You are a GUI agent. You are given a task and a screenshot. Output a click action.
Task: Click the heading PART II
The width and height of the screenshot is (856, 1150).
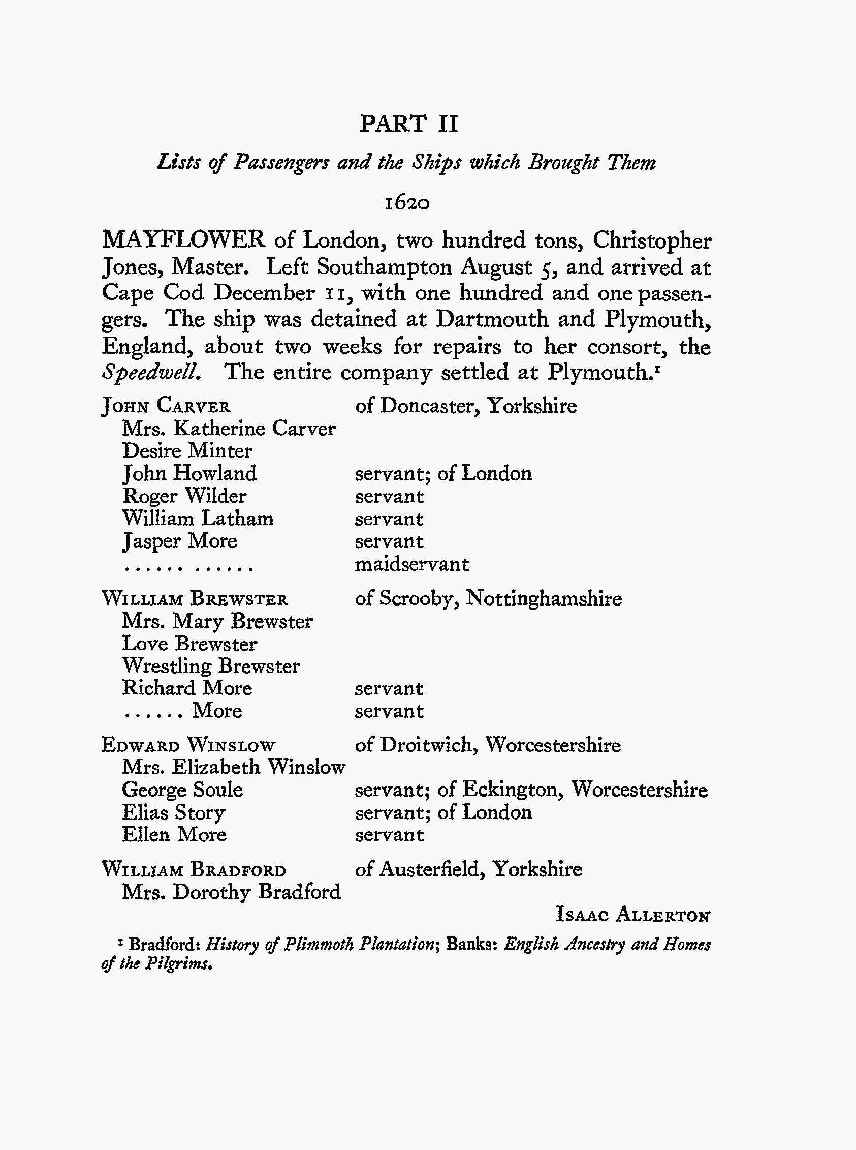click(408, 124)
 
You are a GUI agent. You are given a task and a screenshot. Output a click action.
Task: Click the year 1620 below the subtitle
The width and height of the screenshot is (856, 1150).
click(407, 203)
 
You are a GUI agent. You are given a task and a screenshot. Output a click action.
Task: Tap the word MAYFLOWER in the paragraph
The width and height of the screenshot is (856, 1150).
click(183, 240)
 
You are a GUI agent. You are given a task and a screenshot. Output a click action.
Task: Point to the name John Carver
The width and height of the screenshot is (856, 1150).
click(166, 406)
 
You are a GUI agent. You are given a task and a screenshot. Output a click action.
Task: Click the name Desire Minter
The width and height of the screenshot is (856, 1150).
click(187, 450)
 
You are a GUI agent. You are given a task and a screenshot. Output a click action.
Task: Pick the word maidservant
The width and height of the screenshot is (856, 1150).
click(412, 564)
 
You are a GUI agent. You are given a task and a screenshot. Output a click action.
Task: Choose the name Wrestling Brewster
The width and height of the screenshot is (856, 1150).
click(211, 665)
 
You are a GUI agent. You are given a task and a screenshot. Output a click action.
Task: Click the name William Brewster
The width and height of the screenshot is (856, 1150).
click(195, 599)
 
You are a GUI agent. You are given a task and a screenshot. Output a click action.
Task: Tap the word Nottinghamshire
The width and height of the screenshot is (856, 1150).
click(544, 598)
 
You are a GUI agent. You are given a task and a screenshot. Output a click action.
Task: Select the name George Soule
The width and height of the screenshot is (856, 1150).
click(182, 790)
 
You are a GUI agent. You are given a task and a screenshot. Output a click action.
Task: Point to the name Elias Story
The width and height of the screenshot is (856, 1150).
click(174, 812)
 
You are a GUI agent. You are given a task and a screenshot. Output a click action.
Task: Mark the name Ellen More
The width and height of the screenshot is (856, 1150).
click(174, 834)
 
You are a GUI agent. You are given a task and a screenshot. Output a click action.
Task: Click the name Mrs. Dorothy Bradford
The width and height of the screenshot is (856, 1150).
click(231, 892)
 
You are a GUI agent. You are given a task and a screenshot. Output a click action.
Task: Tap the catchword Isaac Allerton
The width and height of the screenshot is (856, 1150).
click(632, 915)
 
